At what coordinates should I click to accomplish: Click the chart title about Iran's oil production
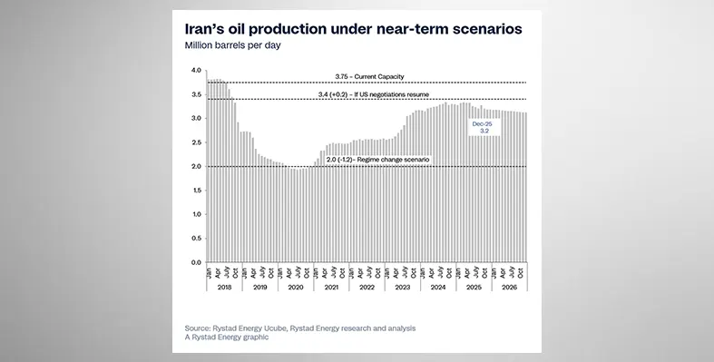353,28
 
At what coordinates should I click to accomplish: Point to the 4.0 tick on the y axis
197,71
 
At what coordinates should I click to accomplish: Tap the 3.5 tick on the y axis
197,94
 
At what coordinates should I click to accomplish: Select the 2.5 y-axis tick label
197,142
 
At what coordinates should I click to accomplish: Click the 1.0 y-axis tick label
197,214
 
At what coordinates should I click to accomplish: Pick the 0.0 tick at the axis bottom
197,262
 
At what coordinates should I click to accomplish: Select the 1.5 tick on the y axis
197,191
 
